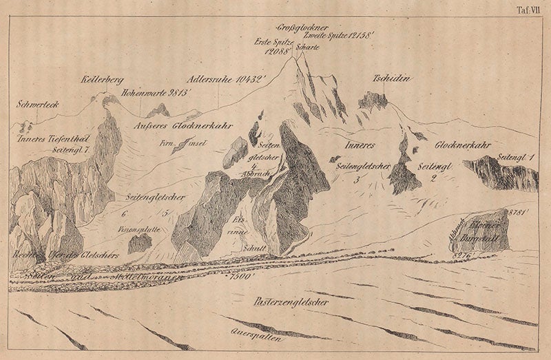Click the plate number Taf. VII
click(530, 9)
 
